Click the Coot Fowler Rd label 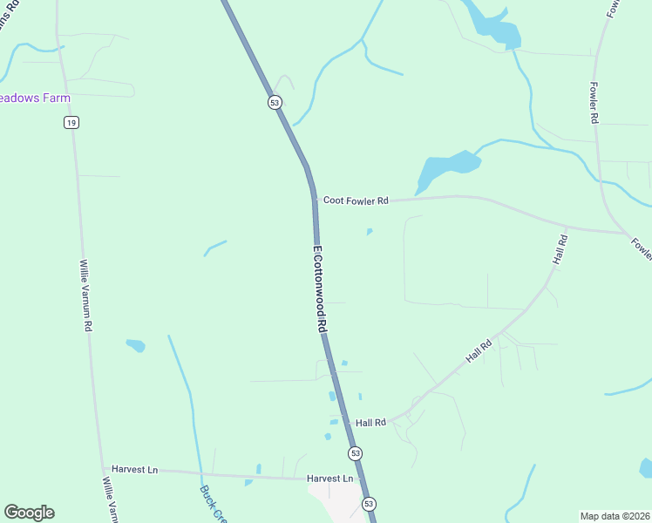355,200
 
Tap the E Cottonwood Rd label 319,289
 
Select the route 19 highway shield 71,122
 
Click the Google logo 29,513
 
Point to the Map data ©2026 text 615,516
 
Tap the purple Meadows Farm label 35,98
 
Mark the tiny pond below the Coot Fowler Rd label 370,232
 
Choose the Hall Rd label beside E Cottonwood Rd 370,423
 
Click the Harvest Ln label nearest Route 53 329,479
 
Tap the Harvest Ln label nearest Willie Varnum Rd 140,469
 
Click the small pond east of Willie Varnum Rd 135,346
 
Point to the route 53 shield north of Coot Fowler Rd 275,103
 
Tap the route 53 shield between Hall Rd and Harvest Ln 355,453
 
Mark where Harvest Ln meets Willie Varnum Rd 103,468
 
